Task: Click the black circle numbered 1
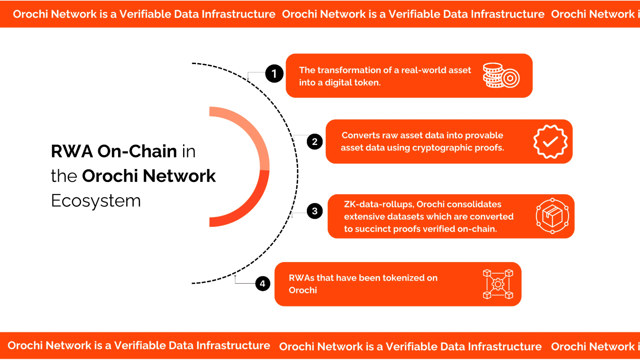pyautogui.click(x=274, y=74)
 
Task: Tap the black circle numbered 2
pyautogui.click(x=315, y=142)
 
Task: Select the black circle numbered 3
pyautogui.click(x=315, y=211)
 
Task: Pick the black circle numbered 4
pyautogui.click(x=263, y=284)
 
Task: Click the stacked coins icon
pyautogui.click(x=501, y=76)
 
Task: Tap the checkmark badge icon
pyautogui.click(x=550, y=141)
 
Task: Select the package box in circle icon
pyautogui.click(x=552, y=216)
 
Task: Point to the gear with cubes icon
pyautogui.click(x=498, y=284)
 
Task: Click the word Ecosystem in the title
pyautogui.click(x=96, y=201)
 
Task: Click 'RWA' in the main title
pyautogui.click(x=72, y=151)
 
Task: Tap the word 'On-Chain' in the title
pyautogui.click(x=137, y=151)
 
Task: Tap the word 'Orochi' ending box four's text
pyautogui.click(x=303, y=290)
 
